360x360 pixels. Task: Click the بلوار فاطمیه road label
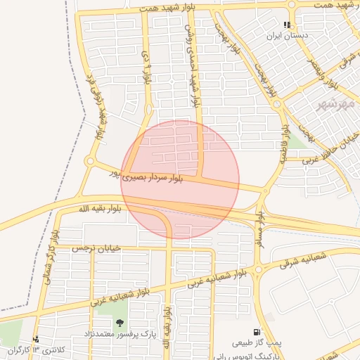[x=284, y=143]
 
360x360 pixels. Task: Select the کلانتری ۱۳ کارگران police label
[x=37, y=349]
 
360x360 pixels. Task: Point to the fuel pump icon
[x=255, y=333]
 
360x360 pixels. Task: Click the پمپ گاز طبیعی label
[x=257, y=343]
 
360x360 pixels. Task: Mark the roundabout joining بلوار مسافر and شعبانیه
[x=258, y=270]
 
